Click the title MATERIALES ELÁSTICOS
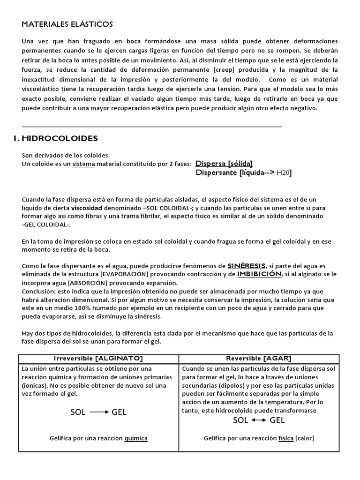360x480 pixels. coord(67,24)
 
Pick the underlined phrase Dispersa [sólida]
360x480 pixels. coord(224,164)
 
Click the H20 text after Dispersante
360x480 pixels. coord(283,173)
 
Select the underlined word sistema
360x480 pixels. coord(83,164)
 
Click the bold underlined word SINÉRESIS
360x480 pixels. coord(247,265)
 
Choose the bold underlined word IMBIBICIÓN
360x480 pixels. coord(259,274)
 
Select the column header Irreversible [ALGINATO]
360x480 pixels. coord(98,358)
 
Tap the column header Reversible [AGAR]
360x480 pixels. coord(259,358)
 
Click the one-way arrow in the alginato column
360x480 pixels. coord(99,412)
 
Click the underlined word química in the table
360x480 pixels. coord(136,438)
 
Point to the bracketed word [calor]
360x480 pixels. coord(305,438)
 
